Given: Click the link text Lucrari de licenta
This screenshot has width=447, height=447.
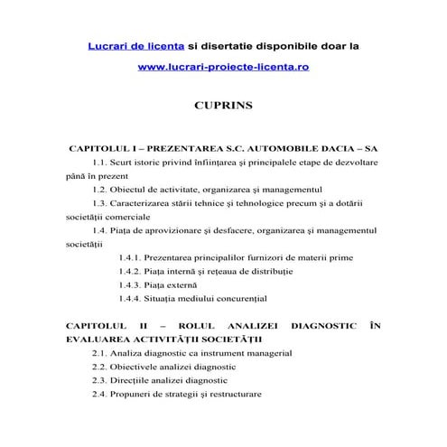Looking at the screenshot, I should [135, 44].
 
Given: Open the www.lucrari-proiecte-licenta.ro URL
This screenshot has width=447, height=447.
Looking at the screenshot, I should [223, 67].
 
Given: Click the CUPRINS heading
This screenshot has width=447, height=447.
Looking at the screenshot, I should [223, 106].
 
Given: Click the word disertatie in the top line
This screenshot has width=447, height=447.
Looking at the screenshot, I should [242, 44].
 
